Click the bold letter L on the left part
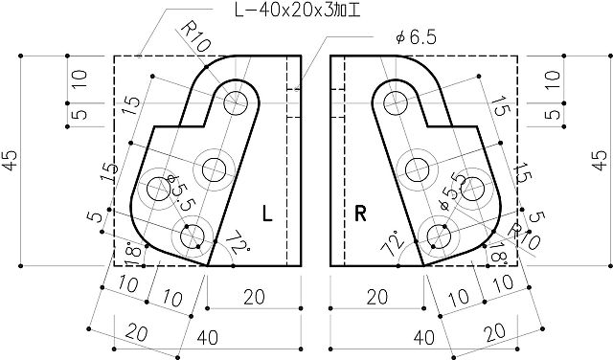click(x=268, y=214)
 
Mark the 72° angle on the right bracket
click(x=392, y=243)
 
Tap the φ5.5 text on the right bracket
click(x=449, y=191)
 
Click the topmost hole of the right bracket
click(x=393, y=99)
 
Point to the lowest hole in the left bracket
click(x=191, y=233)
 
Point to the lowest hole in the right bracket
click(x=439, y=233)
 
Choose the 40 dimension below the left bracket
click(x=206, y=338)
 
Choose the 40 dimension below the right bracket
click(x=422, y=338)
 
